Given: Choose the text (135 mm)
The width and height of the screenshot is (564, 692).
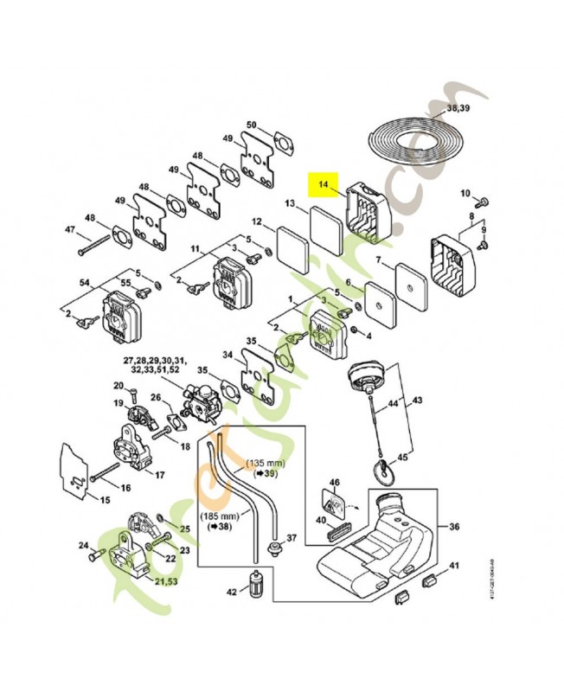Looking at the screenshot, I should click(x=266, y=463).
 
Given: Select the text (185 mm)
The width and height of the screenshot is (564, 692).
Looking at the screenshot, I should click(x=215, y=516).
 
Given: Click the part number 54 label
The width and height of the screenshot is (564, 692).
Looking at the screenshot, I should click(x=84, y=283).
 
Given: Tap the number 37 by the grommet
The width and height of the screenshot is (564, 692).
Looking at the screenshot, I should click(x=291, y=538).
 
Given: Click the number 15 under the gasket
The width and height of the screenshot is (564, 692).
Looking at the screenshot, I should click(x=106, y=500).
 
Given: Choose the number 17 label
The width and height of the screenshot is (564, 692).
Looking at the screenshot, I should click(x=159, y=474).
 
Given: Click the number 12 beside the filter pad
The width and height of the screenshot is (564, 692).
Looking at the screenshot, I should click(x=257, y=221).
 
